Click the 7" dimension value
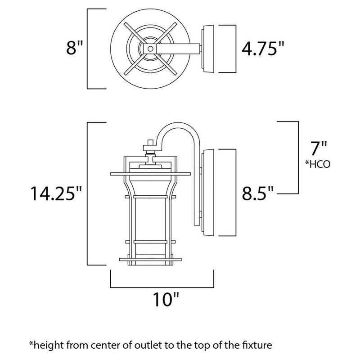click(320, 149)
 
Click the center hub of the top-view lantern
click(149, 49)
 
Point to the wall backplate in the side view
click(207, 193)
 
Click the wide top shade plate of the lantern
click(149, 173)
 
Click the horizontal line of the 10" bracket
click(163, 287)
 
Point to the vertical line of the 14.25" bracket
click(87, 193)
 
